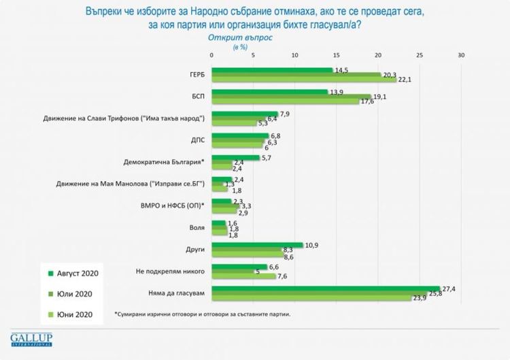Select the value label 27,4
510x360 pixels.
(448, 289)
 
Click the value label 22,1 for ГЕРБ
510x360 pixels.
(405, 80)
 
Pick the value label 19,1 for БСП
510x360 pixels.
(380, 96)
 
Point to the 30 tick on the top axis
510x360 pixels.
(462, 55)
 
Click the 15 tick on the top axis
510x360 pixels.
(337, 55)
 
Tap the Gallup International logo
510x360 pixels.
(32, 339)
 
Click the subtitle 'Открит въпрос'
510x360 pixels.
(239, 38)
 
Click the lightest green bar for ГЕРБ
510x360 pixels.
(303, 80)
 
